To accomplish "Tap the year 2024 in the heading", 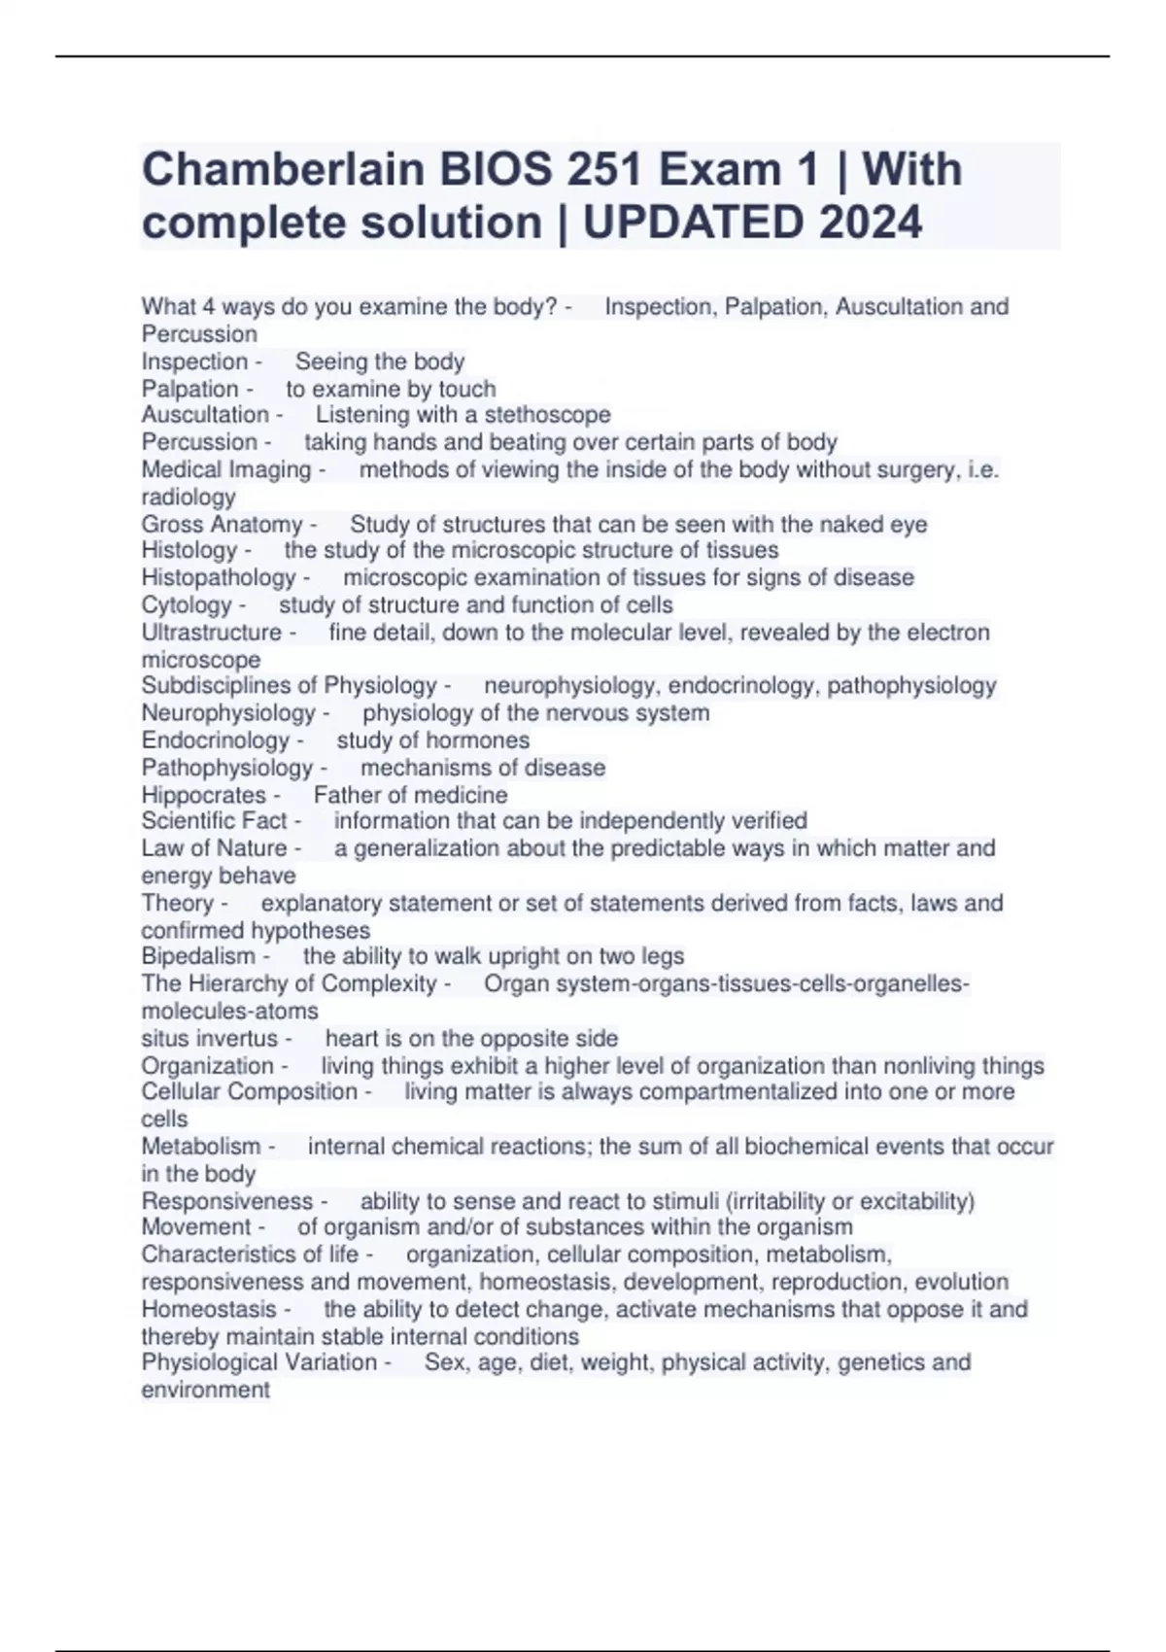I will point(870,223).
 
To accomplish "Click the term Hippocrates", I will point(203,795).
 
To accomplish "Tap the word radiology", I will point(189,497).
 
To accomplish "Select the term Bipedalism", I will point(198,956).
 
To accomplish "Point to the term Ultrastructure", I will point(211,633).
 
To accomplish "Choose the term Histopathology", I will point(219,577).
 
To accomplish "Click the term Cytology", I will point(187,604).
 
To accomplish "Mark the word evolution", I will point(961,1282).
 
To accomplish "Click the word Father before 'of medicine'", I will point(345,795).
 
